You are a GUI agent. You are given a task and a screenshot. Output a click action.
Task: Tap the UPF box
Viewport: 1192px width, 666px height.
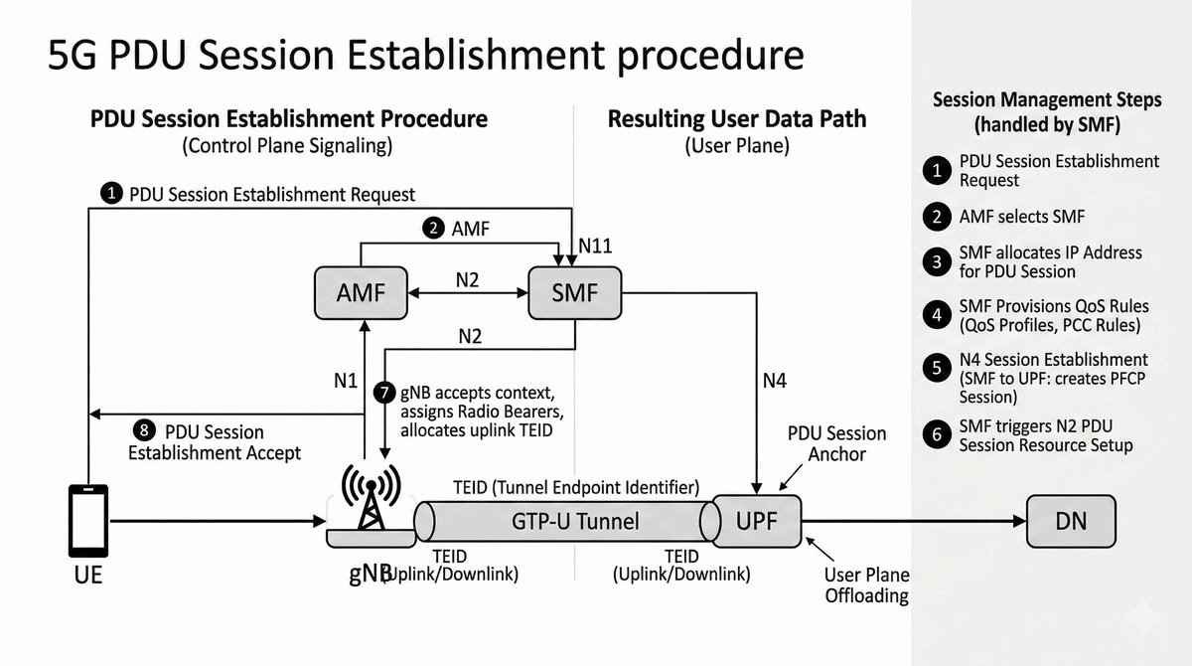coord(757,520)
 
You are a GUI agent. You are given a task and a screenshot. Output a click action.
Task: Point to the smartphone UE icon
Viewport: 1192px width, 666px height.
coord(87,520)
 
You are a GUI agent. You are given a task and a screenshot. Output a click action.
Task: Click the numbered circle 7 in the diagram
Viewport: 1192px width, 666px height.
coord(384,392)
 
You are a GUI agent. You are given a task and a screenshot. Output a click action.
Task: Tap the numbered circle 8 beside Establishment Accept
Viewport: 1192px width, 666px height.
coord(145,430)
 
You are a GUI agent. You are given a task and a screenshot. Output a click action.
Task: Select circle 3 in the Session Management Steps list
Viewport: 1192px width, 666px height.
coord(935,262)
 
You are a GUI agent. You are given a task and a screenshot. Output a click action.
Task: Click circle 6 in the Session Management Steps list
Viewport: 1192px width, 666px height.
coord(935,434)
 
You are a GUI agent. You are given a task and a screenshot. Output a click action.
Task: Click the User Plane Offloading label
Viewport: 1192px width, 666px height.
coord(866,585)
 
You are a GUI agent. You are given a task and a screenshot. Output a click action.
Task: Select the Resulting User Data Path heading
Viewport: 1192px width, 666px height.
coord(736,119)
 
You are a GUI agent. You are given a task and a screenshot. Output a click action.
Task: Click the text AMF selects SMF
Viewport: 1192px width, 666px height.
coord(1023,217)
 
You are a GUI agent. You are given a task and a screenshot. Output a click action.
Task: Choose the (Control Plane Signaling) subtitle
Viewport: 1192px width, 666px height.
coord(287,146)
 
